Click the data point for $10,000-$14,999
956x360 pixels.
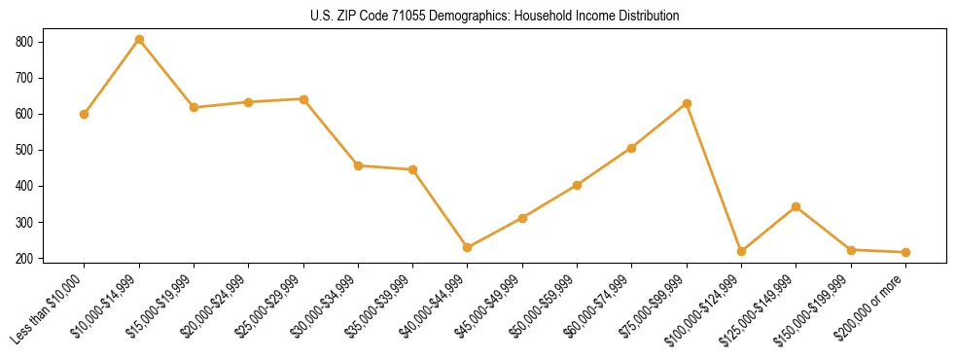click(139, 40)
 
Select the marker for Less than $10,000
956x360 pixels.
click(85, 114)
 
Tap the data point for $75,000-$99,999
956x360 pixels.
click(687, 103)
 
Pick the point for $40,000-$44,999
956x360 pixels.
click(468, 247)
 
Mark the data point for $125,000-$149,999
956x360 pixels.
click(796, 206)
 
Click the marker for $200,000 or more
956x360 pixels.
click(905, 252)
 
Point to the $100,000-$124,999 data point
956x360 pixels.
click(741, 251)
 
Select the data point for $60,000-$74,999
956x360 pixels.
click(632, 148)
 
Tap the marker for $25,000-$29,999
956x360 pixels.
click(303, 99)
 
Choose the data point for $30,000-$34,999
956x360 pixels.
click(358, 165)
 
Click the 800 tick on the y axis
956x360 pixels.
click(24, 42)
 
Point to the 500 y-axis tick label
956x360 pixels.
click(24, 150)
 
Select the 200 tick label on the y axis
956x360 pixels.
click(24, 258)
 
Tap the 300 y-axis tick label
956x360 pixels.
click(24, 222)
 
